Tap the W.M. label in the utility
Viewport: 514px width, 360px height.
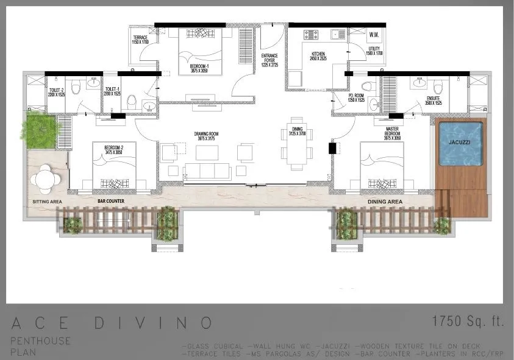coord(375,35)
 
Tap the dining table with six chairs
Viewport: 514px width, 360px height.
coord(298,144)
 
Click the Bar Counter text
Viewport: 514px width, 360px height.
coord(111,200)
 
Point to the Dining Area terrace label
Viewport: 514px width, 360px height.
coord(384,200)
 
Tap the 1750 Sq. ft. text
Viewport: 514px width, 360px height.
coord(468,322)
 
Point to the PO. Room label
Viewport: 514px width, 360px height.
coord(357,98)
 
